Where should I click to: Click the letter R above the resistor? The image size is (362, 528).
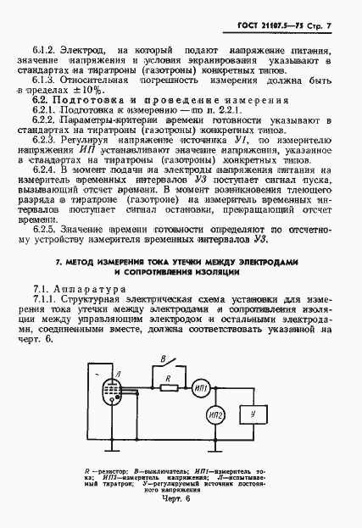coord(168,376)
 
